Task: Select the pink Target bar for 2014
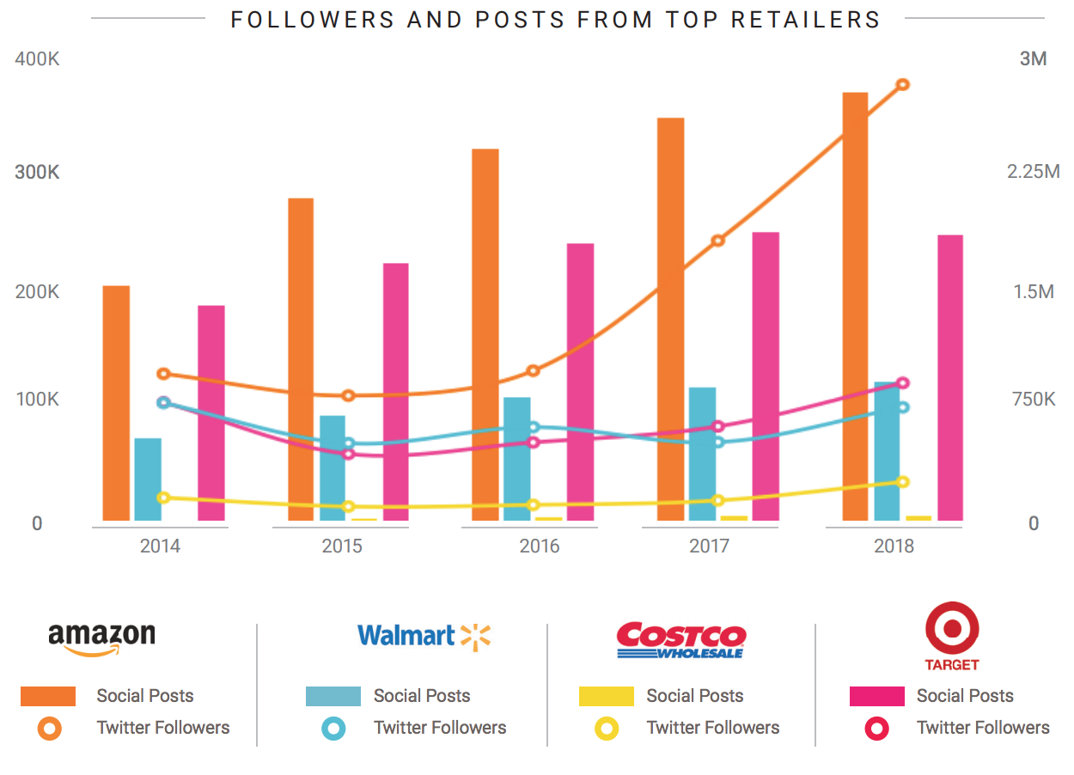211,412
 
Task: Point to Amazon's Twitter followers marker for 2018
902,84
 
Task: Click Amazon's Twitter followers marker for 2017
718,241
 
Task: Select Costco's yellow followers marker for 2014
163,497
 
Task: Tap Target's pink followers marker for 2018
902,383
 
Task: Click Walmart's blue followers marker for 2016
534,427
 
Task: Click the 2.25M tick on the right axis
1033,172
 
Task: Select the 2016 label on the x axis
539,546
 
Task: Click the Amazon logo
101,638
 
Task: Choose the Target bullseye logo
952,630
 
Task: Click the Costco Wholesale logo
681,639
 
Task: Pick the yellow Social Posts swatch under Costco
607,696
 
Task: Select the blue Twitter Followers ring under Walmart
333,729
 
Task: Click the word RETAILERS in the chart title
805,19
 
